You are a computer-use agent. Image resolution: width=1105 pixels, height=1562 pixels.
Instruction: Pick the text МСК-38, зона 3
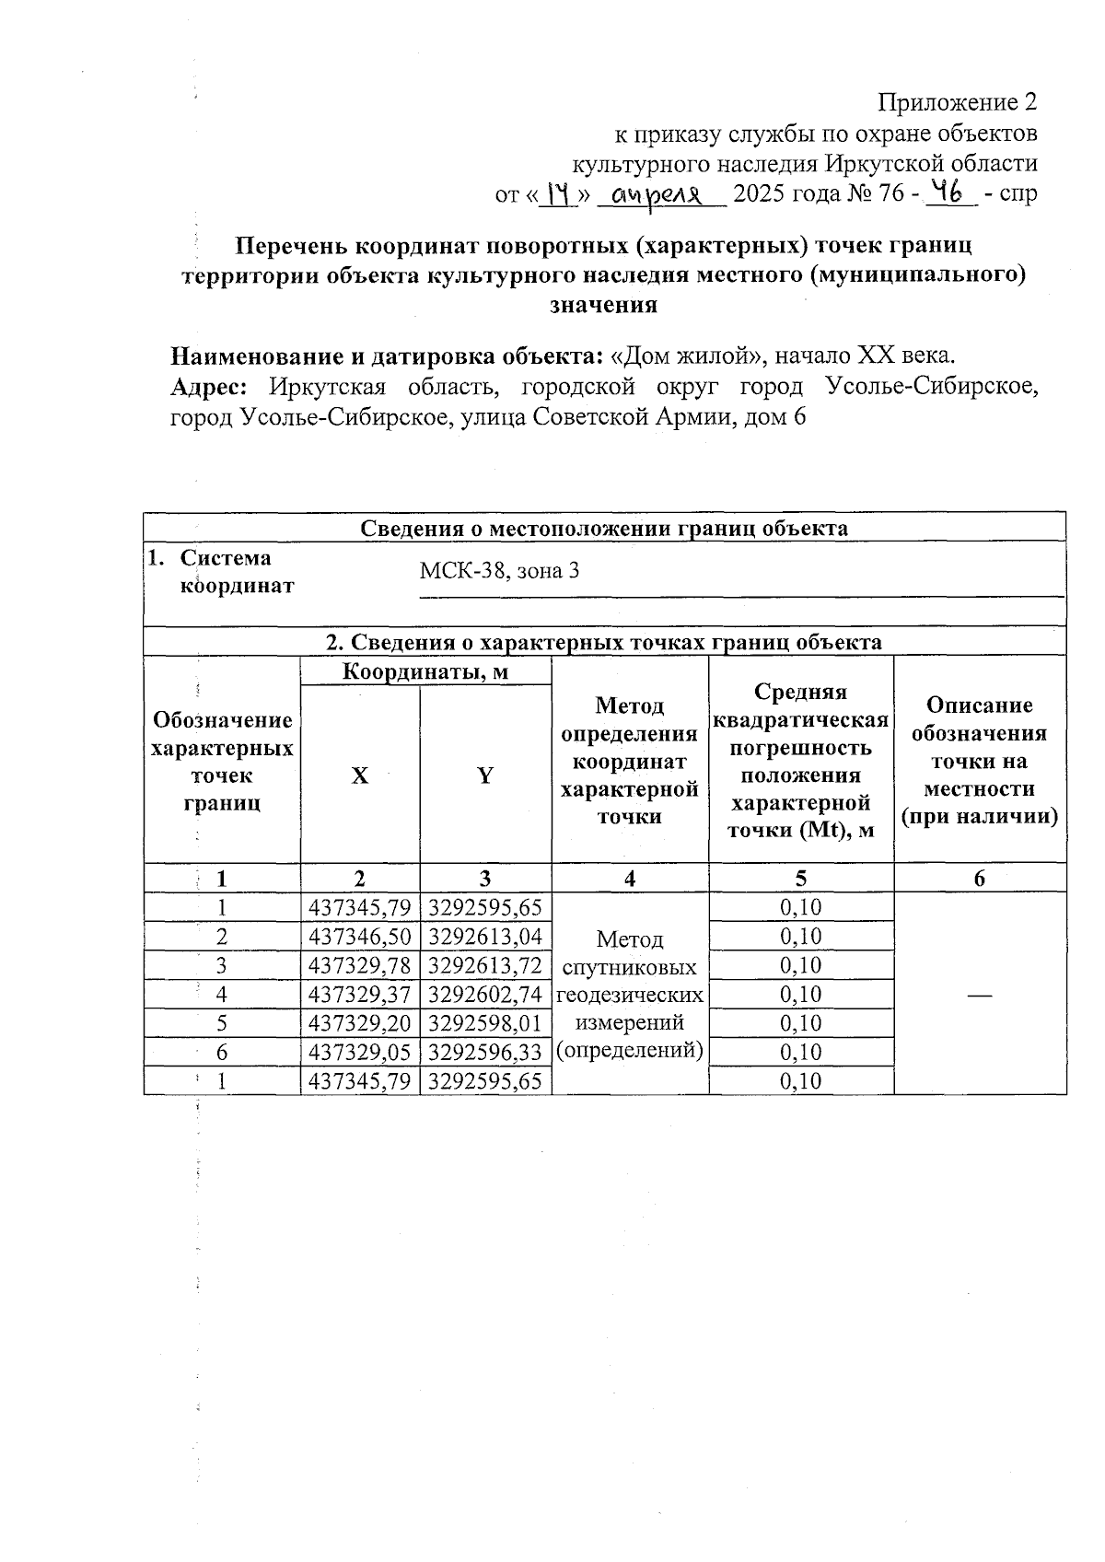point(499,571)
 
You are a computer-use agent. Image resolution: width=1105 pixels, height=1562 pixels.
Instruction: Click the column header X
point(360,775)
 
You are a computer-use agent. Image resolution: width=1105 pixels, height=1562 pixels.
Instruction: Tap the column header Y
point(485,775)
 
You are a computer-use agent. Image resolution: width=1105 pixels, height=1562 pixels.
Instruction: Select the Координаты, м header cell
point(425,671)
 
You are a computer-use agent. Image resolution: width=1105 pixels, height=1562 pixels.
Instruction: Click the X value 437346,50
point(360,937)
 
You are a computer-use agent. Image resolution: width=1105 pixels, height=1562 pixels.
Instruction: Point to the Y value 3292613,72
point(485,965)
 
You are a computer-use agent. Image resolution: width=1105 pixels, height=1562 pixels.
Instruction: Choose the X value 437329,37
point(360,995)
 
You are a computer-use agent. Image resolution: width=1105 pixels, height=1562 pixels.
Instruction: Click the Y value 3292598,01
point(485,1023)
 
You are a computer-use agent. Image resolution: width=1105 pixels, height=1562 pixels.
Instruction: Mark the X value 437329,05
point(360,1052)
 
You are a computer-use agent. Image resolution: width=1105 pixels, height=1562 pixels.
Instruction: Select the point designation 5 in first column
point(221,1023)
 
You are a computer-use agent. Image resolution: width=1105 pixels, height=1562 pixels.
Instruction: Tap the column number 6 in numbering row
point(980,879)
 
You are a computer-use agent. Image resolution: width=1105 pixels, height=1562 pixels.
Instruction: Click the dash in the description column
point(980,995)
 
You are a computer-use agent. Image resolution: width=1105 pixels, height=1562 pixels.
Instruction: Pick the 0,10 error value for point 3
point(800,965)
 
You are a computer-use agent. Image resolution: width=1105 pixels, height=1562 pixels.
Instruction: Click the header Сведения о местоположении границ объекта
point(604,529)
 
